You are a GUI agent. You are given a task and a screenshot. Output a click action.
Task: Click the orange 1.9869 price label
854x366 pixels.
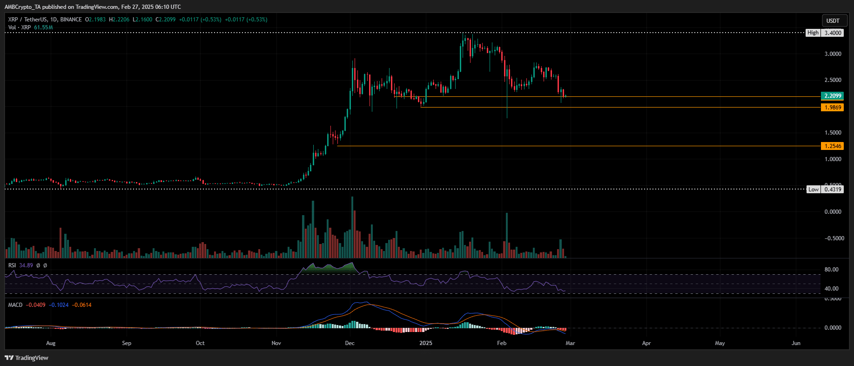point(833,108)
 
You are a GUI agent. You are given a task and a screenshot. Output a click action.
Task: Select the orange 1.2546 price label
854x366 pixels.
point(833,146)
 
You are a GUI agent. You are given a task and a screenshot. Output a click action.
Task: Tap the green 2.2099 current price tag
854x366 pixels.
point(833,96)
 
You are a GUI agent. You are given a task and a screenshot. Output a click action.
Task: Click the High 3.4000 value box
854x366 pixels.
point(833,33)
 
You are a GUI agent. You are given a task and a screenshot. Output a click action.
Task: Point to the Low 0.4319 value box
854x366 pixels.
point(833,190)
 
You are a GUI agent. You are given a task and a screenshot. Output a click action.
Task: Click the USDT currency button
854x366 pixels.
point(833,20)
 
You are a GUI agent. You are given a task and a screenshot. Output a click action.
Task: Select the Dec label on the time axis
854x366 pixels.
point(350,343)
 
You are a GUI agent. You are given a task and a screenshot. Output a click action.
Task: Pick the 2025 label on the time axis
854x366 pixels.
point(425,343)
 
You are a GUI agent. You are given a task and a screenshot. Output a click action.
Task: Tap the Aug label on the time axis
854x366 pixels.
point(51,343)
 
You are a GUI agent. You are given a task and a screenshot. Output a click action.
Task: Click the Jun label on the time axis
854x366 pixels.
point(796,343)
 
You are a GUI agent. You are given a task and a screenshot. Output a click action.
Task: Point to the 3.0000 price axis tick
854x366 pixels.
point(833,54)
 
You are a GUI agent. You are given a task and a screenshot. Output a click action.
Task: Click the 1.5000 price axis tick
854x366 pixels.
point(833,133)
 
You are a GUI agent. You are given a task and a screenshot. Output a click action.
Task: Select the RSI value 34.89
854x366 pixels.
point(26,265)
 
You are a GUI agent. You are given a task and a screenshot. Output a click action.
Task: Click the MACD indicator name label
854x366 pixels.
point(15,305)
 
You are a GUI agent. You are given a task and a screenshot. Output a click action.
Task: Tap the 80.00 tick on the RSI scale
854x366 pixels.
point(831,270)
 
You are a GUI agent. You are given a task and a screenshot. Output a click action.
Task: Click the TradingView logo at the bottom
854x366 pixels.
point(27,358)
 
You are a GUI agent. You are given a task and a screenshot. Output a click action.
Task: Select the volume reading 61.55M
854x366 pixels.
point(43,27)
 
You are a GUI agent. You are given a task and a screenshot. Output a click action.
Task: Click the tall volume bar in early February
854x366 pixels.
point(506,235)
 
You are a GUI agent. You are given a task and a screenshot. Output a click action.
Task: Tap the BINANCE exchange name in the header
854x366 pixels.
point(71,20)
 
